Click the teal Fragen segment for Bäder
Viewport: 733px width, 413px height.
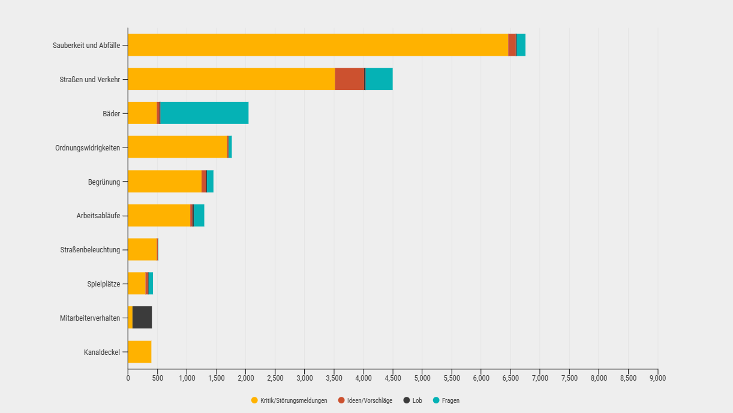point(204,113)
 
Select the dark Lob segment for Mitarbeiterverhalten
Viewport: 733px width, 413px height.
point(142,318)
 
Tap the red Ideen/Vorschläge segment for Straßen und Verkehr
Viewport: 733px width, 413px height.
point(349,79)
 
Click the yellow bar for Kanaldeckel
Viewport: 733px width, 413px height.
point(140,352)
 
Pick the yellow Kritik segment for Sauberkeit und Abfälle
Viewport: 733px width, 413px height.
point(318,45)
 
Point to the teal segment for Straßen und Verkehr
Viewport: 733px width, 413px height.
point(379,79)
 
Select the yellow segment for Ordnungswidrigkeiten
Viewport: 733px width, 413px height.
point(178,147)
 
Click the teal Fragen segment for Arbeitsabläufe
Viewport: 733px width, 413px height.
point(199,215)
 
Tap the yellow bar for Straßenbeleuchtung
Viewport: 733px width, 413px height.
point(142,249)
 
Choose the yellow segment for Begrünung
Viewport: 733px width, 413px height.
point(165,181)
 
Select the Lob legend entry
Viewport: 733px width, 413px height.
point(417,400)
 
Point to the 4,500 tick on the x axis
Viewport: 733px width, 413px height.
point(393,378)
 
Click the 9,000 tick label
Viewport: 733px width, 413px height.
point(657,378)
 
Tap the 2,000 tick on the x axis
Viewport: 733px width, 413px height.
point(245,378)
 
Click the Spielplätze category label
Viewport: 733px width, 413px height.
point(103,284)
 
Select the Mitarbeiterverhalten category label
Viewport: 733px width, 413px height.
point(90,318)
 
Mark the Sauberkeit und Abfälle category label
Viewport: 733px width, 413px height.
point(86,45)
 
